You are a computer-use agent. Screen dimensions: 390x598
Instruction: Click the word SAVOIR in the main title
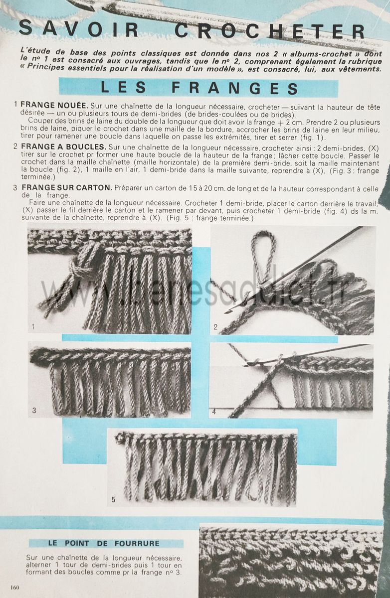[79, 29]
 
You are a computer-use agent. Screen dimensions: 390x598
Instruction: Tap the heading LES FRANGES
[199, 88]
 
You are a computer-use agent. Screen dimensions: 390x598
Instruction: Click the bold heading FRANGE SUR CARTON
[67, 187]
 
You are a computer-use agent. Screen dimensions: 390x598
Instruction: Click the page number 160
[15, 588]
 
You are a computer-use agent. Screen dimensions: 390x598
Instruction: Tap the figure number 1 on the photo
[33, 326]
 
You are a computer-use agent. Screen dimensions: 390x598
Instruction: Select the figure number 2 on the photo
[215, 326]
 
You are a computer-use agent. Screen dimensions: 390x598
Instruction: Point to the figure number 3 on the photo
[34, 410]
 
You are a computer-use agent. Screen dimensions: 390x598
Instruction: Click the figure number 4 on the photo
[214, 412]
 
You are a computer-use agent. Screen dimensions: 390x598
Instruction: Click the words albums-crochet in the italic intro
[321, 54]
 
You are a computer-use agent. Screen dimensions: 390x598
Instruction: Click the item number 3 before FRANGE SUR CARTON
[15, 188]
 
